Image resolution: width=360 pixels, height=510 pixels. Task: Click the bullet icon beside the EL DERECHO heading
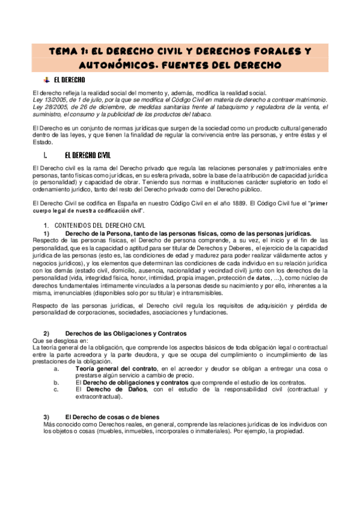coord(46,79)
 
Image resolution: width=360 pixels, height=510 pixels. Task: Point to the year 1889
coord(236,203)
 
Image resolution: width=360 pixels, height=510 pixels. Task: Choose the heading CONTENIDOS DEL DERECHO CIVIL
coord(91,225)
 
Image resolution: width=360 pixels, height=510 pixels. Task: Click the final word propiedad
coord(289,431)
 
